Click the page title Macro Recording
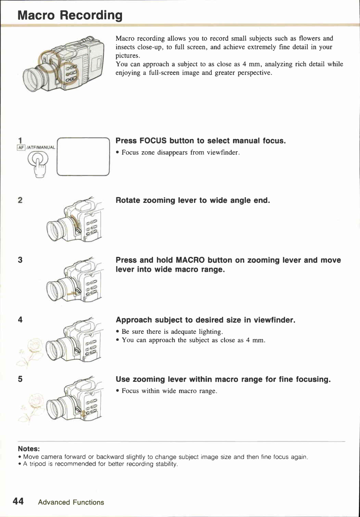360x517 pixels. (x=70, y=15)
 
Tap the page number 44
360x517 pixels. (x=18, y=501)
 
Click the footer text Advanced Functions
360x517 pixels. (x=71, y=502)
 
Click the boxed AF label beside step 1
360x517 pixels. (x=21, y=148)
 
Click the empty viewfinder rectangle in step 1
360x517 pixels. (x=83, y=157)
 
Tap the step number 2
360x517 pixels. (x=20, y=200)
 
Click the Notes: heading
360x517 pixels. (x=29, y=449)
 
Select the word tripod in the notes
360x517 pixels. (x=38, y=464)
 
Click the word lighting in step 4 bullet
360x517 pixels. (x=210, y=332)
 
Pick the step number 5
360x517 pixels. (x=20, y=379)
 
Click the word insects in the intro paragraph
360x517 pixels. (x=125, y=47)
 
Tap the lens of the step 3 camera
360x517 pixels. (x=55, y=290)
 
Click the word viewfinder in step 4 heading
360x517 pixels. (x=274, y=320)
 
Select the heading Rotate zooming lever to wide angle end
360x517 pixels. (x=193, y=200)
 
